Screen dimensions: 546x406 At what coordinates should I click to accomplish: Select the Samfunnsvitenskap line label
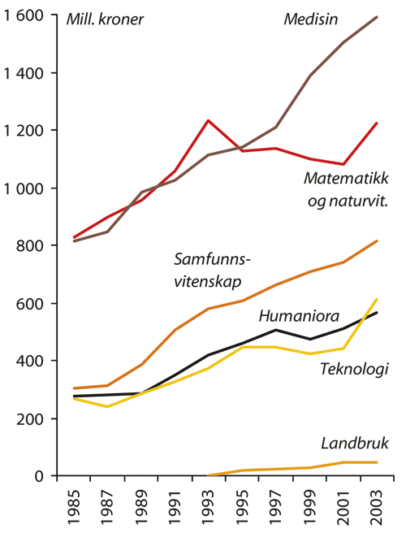click(214, 271)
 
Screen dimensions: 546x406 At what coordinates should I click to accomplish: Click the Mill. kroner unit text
click(105, 19)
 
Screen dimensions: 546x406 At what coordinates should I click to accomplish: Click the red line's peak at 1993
click(208, 120)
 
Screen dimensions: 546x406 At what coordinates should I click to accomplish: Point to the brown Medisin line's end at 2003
click(378, 16)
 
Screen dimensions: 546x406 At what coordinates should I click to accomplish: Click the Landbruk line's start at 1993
click(208, 475)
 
